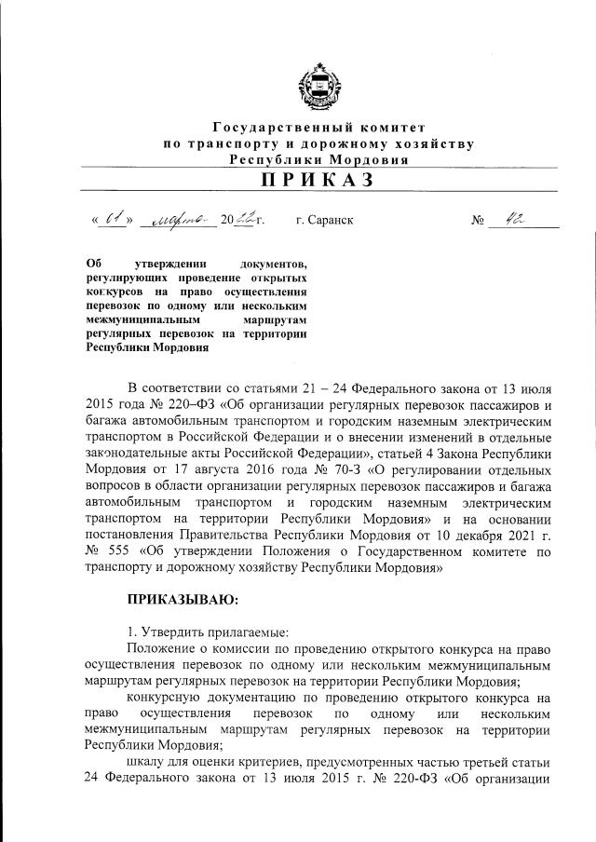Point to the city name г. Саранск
324,221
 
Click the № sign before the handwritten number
479,222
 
